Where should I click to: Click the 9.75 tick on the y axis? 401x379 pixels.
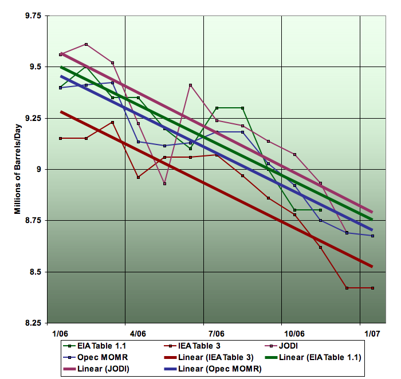click(33, 16)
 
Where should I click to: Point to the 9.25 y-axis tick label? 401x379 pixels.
click(33, 118)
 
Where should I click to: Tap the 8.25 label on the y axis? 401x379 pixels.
click(33, 323)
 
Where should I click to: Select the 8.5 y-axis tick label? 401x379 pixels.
click(35, 272)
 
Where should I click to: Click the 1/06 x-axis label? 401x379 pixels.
click(60, 333)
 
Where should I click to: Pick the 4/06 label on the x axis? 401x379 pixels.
click(138, 333)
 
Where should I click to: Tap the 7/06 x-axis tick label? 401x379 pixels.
click(217, 333)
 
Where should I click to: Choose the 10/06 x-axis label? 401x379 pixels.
click(293, 333)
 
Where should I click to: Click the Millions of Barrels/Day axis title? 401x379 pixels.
click(18, 170)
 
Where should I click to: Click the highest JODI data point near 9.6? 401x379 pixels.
click(86, 44)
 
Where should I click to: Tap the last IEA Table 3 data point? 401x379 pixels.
click(372, 288)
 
